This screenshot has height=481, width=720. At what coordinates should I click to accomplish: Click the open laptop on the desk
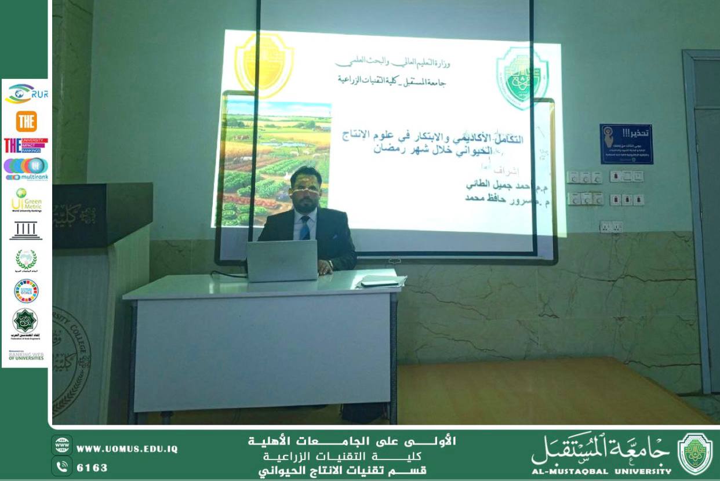tap(282, 260)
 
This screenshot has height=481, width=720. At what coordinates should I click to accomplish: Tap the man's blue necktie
tap(304, 227)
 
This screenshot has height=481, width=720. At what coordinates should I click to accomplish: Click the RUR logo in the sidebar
tap(26, 93)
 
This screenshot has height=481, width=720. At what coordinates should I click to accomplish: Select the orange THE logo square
tap(26, 121)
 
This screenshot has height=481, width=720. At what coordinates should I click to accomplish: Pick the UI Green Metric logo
tap(26, 201)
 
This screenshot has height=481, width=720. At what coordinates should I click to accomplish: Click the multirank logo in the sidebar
tap(26, 168)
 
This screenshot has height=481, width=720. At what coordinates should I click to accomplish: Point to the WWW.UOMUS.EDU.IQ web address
tap(126, 449)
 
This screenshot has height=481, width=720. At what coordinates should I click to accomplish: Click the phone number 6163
tap(92, 467)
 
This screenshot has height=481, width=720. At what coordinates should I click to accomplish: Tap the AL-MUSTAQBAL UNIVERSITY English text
tap(601, 471)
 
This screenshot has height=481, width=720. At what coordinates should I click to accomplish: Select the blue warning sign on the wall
tap(626, 144)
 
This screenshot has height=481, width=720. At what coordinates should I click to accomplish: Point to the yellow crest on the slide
tap(264, 64)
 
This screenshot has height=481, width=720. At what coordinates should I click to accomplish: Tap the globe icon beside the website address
tap(61, 446)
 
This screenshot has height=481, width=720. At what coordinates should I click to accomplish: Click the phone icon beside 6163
tap(61, 465)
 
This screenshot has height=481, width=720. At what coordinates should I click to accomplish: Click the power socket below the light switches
tap(610, 226)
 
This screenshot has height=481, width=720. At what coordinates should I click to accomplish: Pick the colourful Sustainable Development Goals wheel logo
tap(26, 290)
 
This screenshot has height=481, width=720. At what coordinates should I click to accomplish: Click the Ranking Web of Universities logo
tap(26, 355)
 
